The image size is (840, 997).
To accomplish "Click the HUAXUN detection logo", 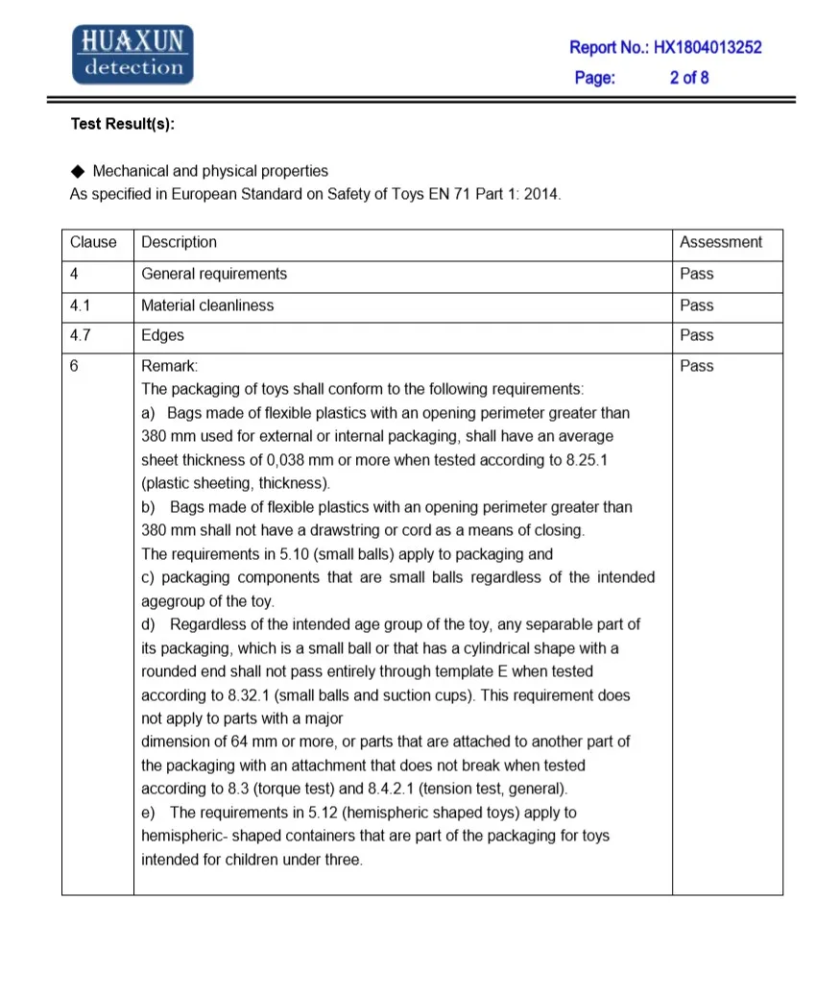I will pos(133,54).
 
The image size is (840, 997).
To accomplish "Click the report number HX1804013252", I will pos(708,47).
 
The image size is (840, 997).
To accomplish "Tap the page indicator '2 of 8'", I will pos(689,78).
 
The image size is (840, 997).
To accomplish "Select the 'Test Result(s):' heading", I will pos(123,124).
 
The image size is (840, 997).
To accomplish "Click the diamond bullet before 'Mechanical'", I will pos(78,171).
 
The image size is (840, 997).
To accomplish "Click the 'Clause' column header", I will pos(93,243).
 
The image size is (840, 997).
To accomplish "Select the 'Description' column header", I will pos(179,243).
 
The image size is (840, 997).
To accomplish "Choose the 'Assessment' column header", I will pos(721,243).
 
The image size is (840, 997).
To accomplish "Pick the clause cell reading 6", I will pos(74,366).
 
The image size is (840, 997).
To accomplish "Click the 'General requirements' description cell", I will pos(214,274).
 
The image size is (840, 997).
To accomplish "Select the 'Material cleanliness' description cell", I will pos(207,305).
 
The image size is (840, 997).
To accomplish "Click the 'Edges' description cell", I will pos(162,335).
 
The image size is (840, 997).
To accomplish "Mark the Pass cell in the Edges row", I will pos(697,335).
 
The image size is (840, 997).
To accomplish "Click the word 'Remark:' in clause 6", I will pos(169,366).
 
